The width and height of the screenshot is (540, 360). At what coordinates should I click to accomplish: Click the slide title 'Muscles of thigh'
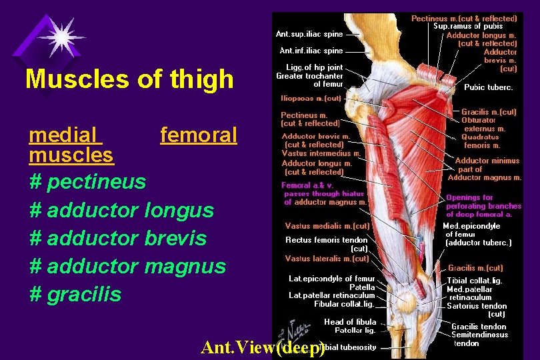pyautogui.click(x=129, y=79)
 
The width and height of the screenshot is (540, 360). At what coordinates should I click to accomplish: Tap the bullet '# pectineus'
pyautogui.click(x=87, y=181)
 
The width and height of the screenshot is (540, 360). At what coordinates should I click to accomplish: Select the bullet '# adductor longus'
pyautogui.click(x=122, y=210)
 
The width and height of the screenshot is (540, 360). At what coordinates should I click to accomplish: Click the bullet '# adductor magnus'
pyautogui.click(x=128, y=266)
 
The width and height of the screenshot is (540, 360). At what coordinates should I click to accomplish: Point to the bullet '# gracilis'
pyautogui.click(x=76, y=294)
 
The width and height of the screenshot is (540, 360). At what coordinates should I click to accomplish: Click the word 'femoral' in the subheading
pyautogui.click(x=199, y=135)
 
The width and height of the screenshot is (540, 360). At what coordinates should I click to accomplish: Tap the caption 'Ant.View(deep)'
pyautogui.click(x=263, y=348)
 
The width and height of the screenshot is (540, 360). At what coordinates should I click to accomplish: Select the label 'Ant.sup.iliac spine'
pyautogui.click(x=309, y=34)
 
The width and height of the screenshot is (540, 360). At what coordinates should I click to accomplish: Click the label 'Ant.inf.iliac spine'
pyautogui.click(x=311, y=51)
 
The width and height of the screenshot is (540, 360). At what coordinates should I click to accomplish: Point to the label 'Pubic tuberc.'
pyautogui.click(x=489, y=87)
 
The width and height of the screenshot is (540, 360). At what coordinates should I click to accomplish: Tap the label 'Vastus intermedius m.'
pyautogui.click(x=321, y=153)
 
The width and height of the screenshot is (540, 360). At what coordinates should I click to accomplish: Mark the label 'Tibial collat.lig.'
pyautogui.click(x=475, y=281)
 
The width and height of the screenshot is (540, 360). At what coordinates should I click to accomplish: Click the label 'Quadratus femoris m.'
pyautogui.click(x=481, y=141)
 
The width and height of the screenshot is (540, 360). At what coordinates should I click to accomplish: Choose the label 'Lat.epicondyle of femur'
pyautogui.click(x=331, y=279)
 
